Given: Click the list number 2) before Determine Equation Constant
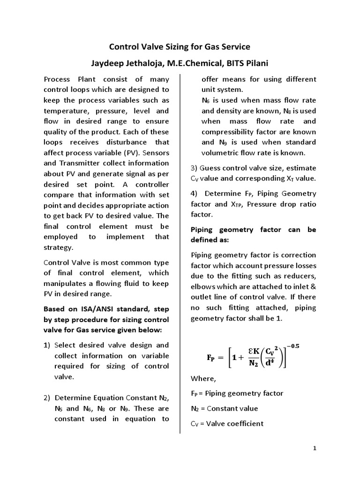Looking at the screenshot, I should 47,398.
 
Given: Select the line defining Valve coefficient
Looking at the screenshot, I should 227,423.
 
